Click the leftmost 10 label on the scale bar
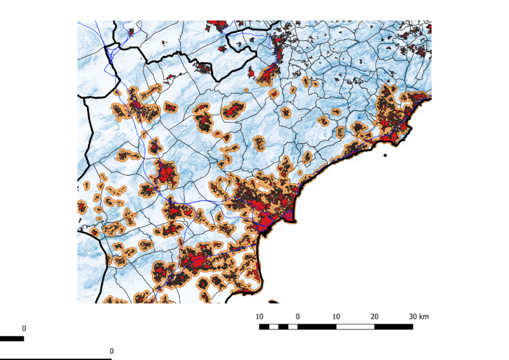260,316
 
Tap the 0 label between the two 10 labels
298,316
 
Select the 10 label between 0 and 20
336,316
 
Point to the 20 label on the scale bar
374,316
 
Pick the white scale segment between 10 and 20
355,327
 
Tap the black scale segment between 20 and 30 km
393,327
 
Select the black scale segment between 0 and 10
317,327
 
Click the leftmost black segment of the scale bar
264,327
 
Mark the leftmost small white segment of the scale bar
274,327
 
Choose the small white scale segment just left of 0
293,327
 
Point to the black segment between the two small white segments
283,327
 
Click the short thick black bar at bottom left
11,338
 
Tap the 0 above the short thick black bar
24,328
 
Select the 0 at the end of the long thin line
111,351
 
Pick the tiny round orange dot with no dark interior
292,90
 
